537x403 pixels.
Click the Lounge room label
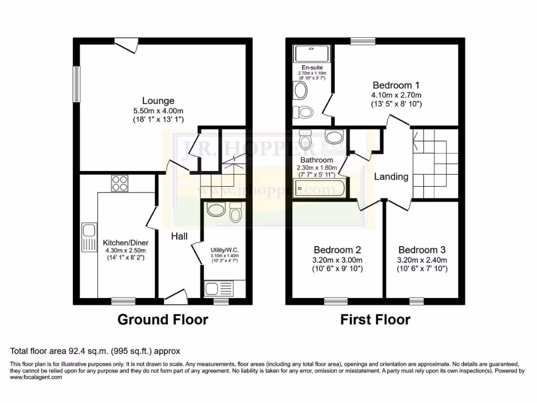[x=158, y=101]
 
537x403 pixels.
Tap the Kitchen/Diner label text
[x=125, y=242]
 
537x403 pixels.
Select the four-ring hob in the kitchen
[x=120, y=184]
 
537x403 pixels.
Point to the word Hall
[x=179, y=237]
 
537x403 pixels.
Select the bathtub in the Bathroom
[x=319, y=187]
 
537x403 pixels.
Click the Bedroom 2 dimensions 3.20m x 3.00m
[x=337, y=260]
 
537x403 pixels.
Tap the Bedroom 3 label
[x=422, y=250]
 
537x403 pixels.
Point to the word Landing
[x=391, y=176]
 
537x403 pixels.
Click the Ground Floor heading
[x=162, y=319]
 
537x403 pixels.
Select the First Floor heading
[x=375, y=319]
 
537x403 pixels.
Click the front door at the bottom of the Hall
[x=176, y=297]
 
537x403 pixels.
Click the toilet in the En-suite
[x=303, y=112]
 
